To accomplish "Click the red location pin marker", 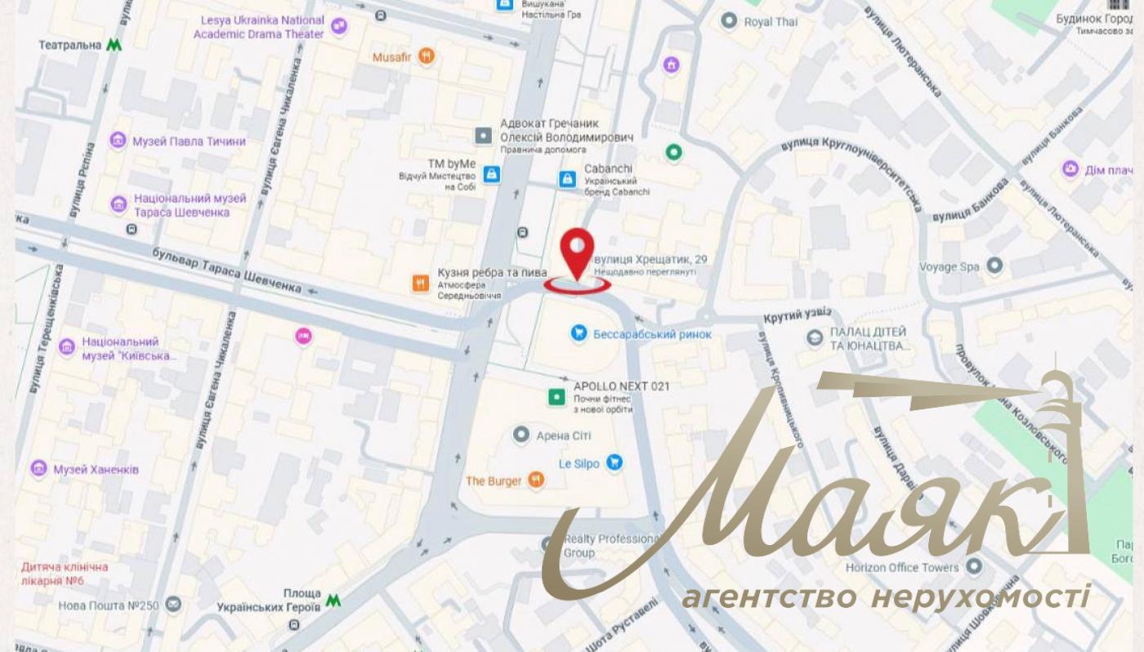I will pos(578,250).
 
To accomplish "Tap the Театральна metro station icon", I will pos(114,45).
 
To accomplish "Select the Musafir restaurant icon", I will pos(426,56).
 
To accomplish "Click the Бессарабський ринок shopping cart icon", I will pos(579,333).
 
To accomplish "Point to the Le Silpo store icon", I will pos(614,463).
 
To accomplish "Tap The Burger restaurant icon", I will pos(535,480).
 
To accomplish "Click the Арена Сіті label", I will pos(563,435).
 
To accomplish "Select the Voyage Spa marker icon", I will pos(994,266).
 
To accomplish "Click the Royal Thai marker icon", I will pos(729,21).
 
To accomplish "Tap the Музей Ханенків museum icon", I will pos(38,469).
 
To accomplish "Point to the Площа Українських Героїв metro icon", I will pos(333,601).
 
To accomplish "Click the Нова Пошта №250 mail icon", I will pos(172,605).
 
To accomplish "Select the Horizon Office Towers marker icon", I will pos(973,565).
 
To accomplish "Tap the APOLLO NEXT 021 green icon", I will pos(556,396).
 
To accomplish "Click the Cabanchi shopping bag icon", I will pos(566,177).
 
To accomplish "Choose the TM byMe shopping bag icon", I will pos(491,173).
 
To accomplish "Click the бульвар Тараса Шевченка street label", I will pos(226,270).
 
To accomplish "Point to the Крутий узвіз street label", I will pos(798,315).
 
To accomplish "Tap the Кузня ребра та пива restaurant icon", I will pos(421,284).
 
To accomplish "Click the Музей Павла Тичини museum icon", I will pos(118,141).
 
